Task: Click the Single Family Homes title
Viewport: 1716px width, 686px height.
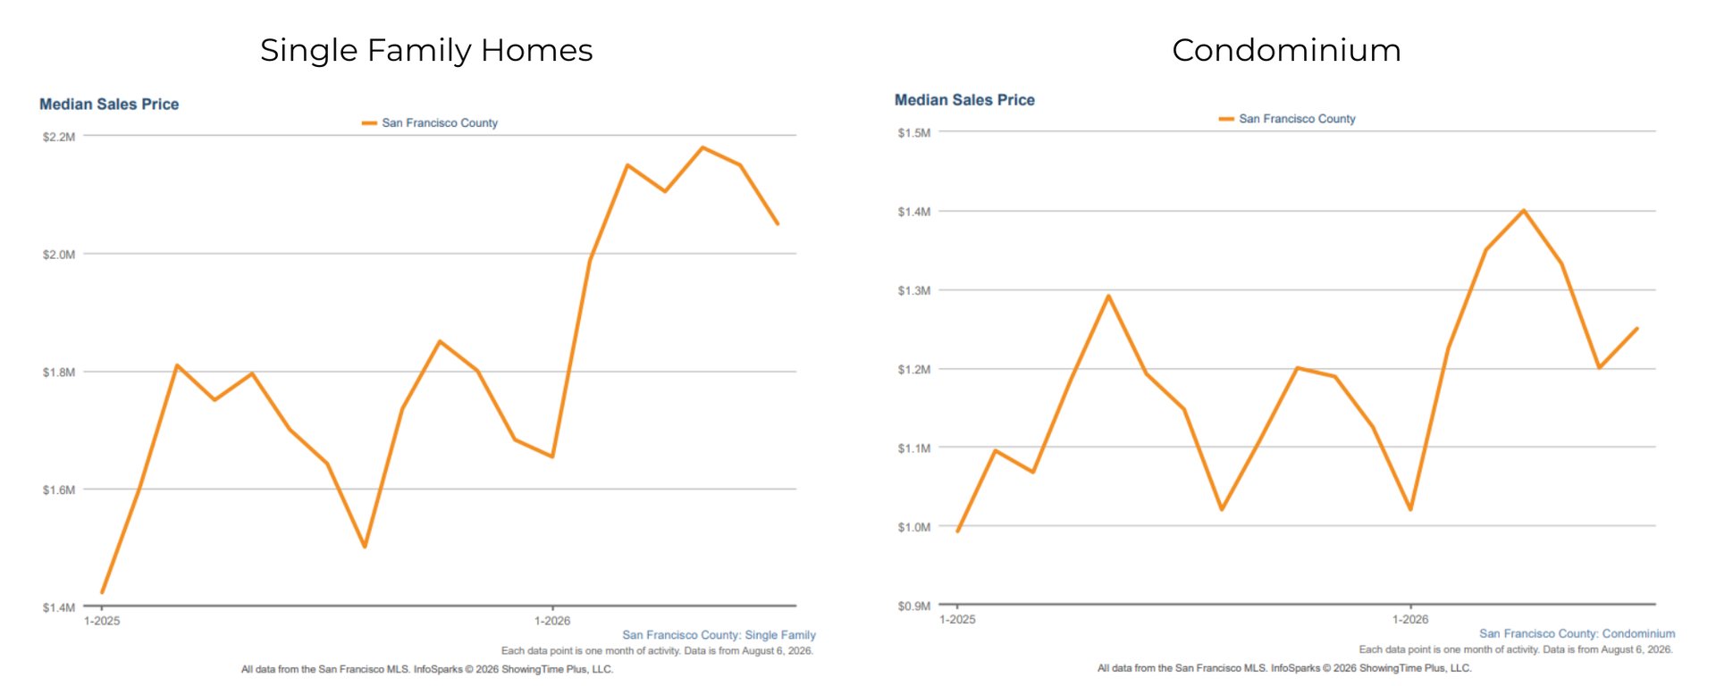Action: click(x=426, y=51)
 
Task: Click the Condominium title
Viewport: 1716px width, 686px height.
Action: click(x=1286, y=50)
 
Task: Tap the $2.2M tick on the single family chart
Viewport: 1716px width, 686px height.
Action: click(x=59, y=137)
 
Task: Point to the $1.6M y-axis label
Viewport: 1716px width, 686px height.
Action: click(x=59, y=489)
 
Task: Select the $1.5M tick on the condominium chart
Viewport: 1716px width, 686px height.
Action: click(x=914, y=133)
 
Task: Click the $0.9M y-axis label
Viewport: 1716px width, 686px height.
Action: click(x=914, y=606)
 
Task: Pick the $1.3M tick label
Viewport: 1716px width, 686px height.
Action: click(x=914, y=290)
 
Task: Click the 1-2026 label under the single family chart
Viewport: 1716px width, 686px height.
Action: click(x=552, y=621)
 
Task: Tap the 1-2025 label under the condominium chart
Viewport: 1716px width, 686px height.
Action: click(x=957, y=619)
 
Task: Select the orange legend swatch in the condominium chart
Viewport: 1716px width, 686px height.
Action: click(x=1226, y=119)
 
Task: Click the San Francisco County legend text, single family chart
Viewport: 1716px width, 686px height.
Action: click(x=440, y=123)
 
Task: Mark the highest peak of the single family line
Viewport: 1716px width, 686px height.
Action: click(x=702, y=147)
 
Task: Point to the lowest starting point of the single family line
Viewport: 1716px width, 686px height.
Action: click(x=102, y=592)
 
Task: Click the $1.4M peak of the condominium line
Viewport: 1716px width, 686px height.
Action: click(x=1524, y=211)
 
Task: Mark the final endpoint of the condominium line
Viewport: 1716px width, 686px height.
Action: click(x=1637, y=329)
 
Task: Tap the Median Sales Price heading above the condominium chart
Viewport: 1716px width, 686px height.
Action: click(x=964, y=100)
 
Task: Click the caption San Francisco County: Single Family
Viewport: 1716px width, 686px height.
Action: click(x=719, y=635)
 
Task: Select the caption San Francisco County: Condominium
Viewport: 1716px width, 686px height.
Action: click(x=1577, y=633)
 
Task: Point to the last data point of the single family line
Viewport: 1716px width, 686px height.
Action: click(x=778, y=223)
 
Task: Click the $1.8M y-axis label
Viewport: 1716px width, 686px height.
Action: click(x=59, y=372)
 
